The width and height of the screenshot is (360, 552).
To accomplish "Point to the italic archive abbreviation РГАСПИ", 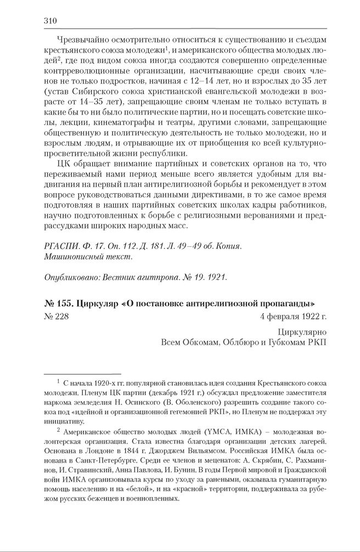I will [59, 246].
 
